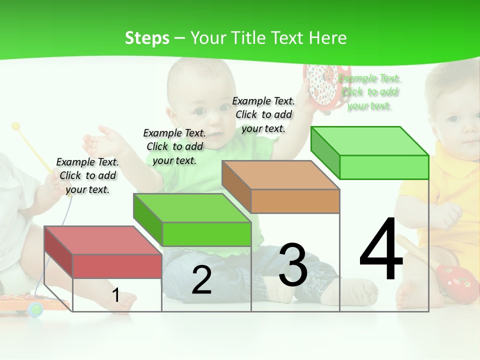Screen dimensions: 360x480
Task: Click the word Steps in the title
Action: [147, 38]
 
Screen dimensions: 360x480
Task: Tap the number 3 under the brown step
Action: [293, 265]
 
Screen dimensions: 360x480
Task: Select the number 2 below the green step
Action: [201, 280]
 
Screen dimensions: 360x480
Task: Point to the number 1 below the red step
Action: [115, 295]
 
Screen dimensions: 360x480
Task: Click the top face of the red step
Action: [102, 240]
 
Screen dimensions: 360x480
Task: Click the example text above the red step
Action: [87, 175]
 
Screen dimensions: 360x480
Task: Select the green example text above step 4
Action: [369, 92]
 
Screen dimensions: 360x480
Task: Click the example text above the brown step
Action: [263, 114]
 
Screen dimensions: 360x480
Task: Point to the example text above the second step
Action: [174, 146]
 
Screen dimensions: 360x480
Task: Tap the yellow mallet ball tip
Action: [15, 126]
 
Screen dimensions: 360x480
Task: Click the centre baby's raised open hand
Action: [100, 139]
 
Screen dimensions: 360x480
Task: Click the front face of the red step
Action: [117, 266]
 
